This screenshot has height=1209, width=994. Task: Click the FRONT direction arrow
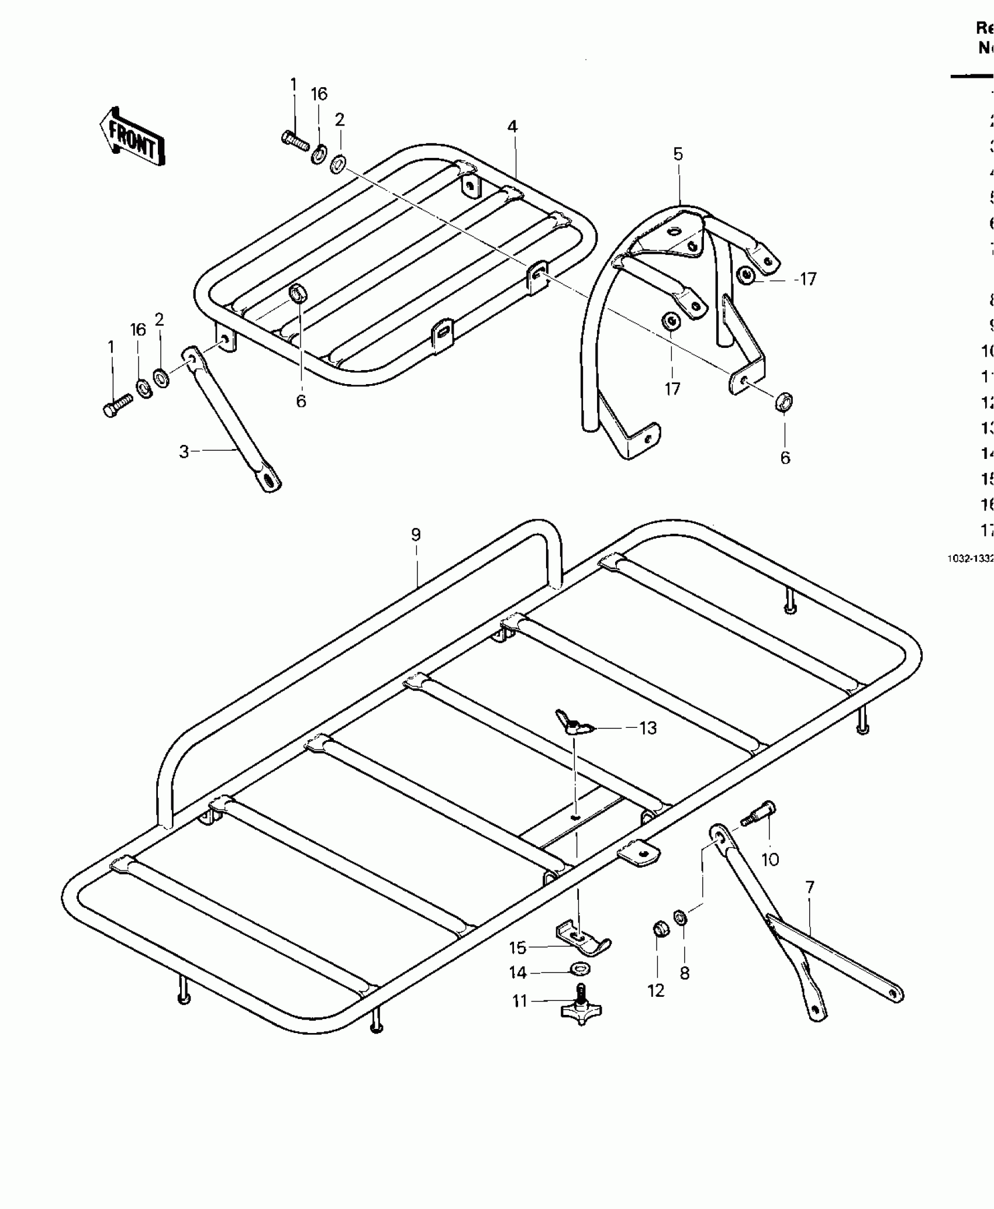click(132, 138)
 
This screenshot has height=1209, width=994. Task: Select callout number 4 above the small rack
click(512, 126)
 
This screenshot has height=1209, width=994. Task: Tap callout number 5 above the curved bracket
click(678, 154)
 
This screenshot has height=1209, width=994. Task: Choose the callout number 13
click(648, 728)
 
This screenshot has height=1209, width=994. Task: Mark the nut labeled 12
click(660, 927)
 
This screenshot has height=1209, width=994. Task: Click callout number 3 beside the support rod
click(184, 451)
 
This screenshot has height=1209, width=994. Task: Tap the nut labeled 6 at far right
click(785, 402)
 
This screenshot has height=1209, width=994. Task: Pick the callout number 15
click(517, 948)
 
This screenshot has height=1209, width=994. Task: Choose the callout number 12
click(656, 991)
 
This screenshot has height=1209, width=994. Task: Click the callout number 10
click(770, 859)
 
